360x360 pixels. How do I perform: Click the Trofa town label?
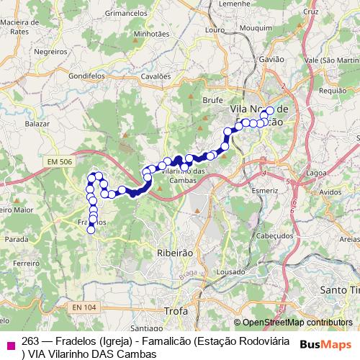coord(176,311)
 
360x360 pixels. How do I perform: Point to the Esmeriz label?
coord(265,191)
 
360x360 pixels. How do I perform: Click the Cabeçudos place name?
coord(274,235)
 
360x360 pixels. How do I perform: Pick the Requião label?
coord(333,91)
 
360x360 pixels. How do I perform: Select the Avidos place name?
coord(330,192)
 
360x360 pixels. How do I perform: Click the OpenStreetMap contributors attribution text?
coord(297,322)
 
